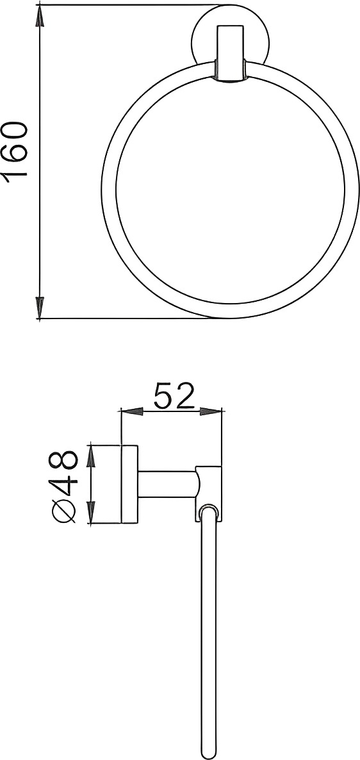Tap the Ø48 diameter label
[x=65, y=486]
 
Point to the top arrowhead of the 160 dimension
[x=39, y=16]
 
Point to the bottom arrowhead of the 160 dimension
[x=39, y=308]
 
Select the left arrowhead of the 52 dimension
[x=132, y=413]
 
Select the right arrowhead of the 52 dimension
[x=210, y=413]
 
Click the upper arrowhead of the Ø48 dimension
[x=90, y=455]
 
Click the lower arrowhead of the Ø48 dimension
[x=90, y=513]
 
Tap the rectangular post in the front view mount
[x=229, y=54]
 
